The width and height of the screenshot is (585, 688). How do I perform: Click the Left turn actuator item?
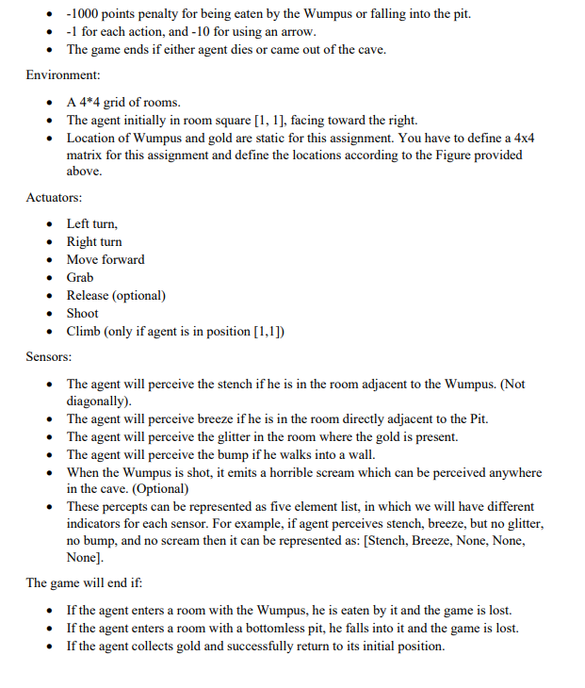click(91, 223)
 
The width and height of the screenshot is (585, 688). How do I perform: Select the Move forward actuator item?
click(106, 259)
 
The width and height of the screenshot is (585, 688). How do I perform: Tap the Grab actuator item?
click(80, 277)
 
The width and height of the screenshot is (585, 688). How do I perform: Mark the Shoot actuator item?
click(83, 313)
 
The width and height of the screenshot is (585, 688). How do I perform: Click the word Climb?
click(84, 331)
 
